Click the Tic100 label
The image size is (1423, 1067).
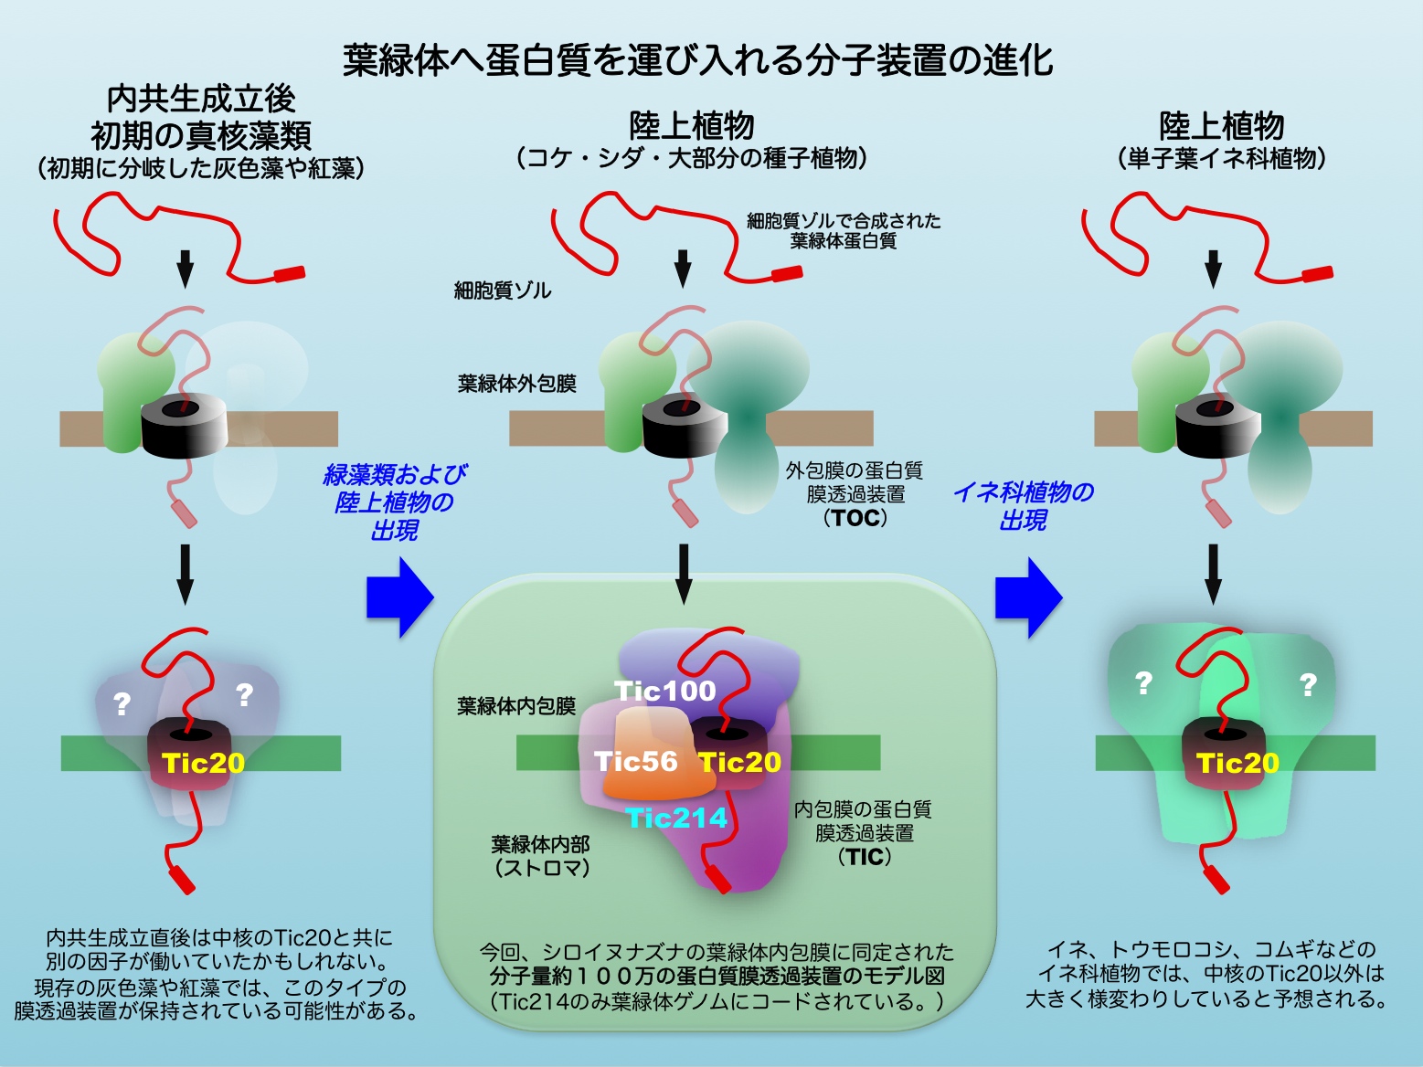[664, 691]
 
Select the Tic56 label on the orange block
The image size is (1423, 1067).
[636, 761]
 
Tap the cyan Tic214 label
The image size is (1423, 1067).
[677, 818]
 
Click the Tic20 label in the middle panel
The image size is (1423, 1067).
[740, 762]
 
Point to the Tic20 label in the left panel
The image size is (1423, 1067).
[203, 763]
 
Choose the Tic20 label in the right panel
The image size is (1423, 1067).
[1237, 763]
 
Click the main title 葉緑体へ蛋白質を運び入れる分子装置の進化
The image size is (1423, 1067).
[698, 59]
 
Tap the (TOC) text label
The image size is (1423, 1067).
[855, 518]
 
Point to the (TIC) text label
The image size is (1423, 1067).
[864, 857]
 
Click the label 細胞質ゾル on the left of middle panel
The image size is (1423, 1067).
[503, 291]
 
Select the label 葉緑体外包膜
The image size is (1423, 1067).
[516, 384]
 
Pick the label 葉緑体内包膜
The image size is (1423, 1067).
[516, 706]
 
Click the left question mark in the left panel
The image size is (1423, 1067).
[122, 704]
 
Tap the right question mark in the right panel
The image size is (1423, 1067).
[1308, 684]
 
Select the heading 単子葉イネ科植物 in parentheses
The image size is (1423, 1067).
[1221, 159]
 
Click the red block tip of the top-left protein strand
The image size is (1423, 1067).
[289, 272]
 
